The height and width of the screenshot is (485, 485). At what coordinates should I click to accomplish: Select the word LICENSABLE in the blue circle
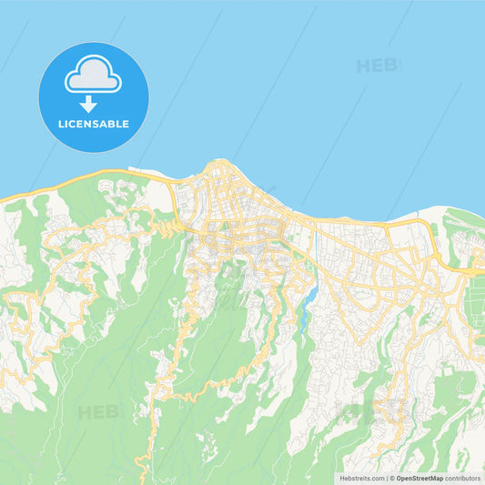coord(93,124)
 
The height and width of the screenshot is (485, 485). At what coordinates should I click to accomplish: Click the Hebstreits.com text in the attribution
coord(362,478)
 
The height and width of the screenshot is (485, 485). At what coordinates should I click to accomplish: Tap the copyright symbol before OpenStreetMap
coord(392,478)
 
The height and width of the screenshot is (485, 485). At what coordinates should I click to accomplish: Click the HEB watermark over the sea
coord(375,66)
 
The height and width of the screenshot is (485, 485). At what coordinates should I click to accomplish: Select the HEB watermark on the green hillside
coord(98,412)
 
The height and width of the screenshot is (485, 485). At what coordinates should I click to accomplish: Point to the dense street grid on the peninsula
coord(227,196)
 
